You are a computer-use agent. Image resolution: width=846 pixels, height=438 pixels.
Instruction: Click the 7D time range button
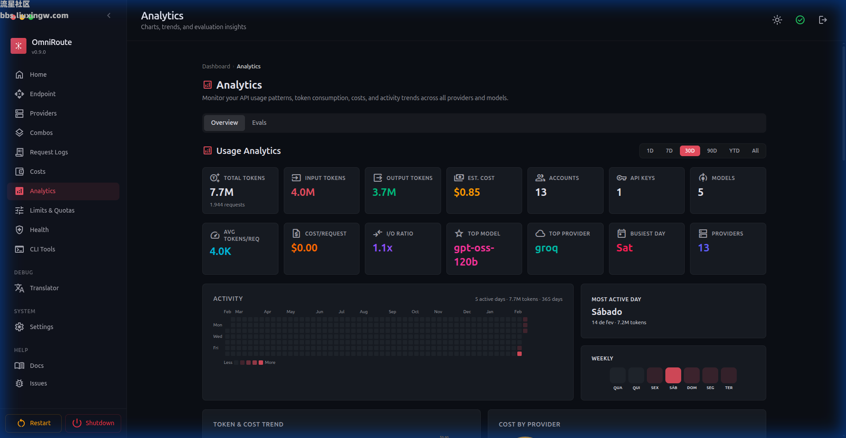pyautogui.click(x=669, y=151)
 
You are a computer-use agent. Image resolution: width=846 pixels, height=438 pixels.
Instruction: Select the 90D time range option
pyautogui.click(x=712, y=151)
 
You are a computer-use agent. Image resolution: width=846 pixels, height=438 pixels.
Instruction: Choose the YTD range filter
pyautogui.click(x=734, y=151)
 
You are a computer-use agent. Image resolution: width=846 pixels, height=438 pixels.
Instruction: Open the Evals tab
pyautogui.click(x=259, y=123)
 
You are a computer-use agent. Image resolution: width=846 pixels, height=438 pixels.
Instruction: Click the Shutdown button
pyautogui.click(x=93, y=423)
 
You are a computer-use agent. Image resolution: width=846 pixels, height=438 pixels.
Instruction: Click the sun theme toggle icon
pyautogui.click(x=777, y=20)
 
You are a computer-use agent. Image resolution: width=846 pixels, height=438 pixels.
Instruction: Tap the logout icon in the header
pyautogui.click(x=823, y=20)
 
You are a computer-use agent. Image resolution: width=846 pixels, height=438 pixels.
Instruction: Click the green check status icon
pyautogui.click(x=800, y=20)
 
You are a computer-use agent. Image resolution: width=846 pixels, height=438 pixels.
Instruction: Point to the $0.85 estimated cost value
pyautogui.click(x=467, y=192)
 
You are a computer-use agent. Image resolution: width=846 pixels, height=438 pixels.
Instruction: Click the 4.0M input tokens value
pyautogui.click(x=303, y=192)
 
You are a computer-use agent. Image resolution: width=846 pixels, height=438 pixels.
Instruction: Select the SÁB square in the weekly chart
pyautogui.click(x=673, y=375)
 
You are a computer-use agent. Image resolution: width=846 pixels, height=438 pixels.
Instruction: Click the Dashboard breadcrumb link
pyautogui.click(x=216, y=67)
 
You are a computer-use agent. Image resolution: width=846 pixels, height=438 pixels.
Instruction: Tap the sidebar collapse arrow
pyautogui.click(x=109, y=16)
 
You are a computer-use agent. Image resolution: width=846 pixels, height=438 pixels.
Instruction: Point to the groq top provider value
pyautogui.click(x=546, y=248)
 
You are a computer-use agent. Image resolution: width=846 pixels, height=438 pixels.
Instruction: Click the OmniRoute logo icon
pyautogui.click(x=19, y=45)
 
